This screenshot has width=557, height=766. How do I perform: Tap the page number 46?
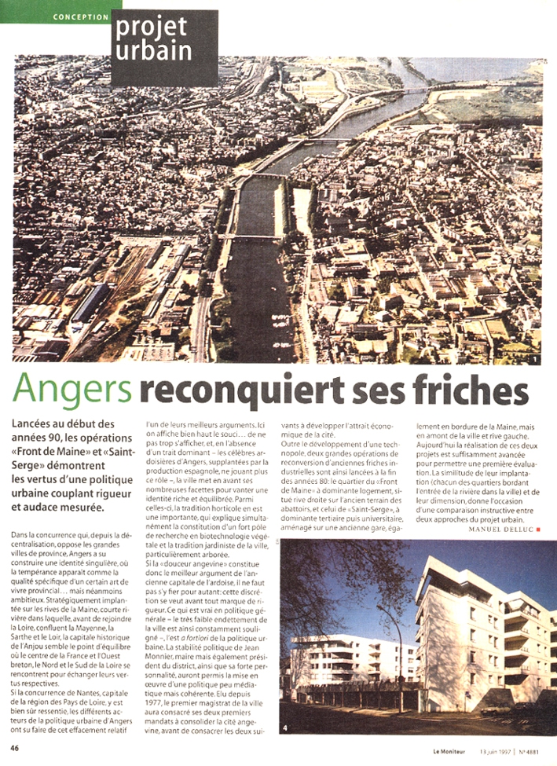tap(16, 747)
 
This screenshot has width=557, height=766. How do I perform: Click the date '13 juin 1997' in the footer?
tap(499, 748)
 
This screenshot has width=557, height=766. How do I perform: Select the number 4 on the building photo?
tap(286, 728)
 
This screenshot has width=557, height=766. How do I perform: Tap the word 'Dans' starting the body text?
tap(21, 535)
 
